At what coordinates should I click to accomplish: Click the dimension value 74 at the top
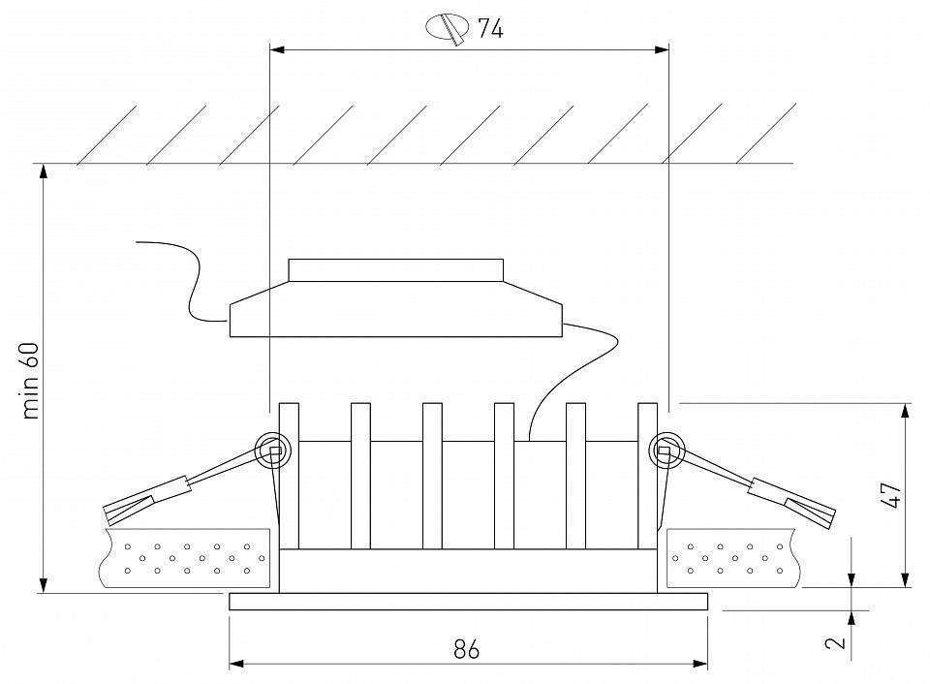[x=490, y=28]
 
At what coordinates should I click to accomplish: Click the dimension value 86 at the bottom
[x=467, y=648]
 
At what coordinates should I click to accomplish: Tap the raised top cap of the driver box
[x=395, y=269]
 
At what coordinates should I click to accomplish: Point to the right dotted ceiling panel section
[x=734, y=559]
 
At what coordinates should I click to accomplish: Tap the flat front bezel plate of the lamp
[x=469, y=602]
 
